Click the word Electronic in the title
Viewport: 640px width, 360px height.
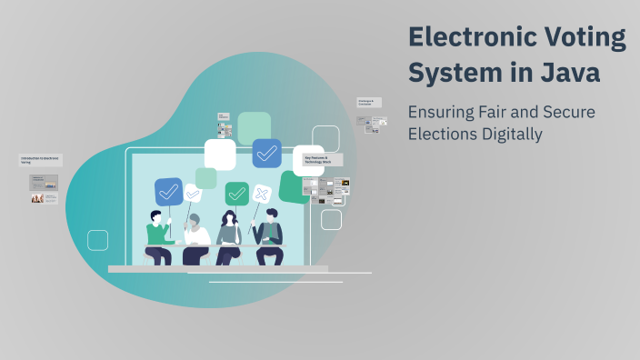click(x=465, y=37)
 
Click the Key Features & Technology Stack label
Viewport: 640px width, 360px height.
click(x=323, y=160)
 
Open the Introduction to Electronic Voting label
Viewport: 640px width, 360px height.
click(x=40, y=159)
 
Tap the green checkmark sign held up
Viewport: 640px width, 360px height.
click(x=237, y=193)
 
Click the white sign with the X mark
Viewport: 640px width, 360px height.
click(x=262, y=194)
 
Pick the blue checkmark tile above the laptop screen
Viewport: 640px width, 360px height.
click(x=266, y=153)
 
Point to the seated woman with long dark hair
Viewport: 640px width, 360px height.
click(x=228, y=238)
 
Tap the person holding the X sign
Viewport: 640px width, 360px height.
click(x=269, y=238)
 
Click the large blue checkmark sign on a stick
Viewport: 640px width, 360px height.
click(x=169, y=192)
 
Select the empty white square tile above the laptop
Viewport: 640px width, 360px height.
click(x=220, y=155)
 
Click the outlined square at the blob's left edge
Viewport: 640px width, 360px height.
click(x=98, y=240)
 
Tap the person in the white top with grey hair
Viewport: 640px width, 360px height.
click(x=195, y=238)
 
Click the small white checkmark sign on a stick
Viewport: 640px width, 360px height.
click(x=193, y=193)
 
